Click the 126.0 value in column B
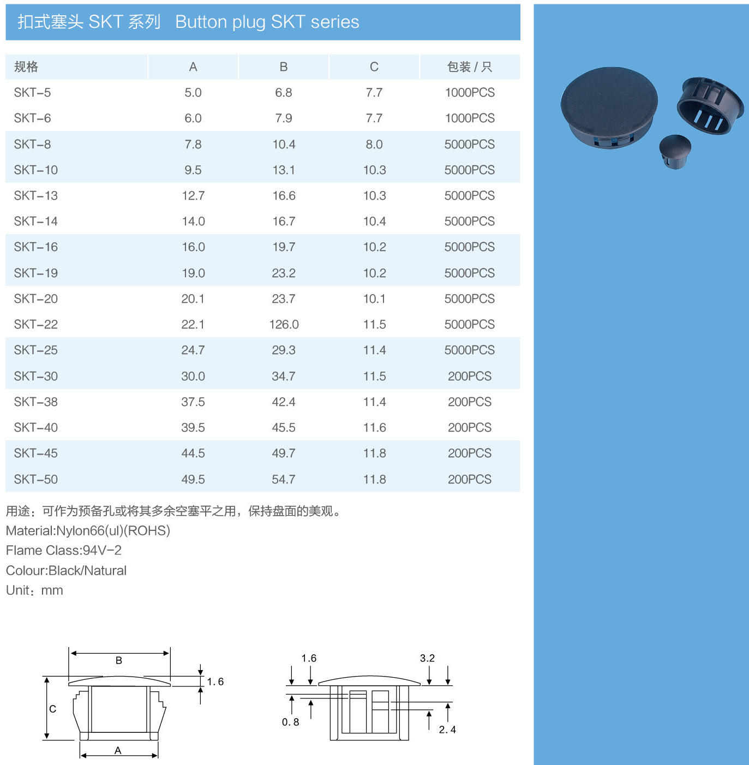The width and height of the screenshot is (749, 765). (x=284, y=324)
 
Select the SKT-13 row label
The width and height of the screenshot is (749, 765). (x=35, y=196)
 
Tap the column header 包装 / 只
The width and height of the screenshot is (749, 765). (x=470, y=67)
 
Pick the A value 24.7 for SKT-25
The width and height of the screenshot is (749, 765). (x=193, y=350)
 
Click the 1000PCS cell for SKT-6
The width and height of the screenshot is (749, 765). (x=470, y=118)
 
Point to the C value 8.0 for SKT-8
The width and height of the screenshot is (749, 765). (x=374, y=144)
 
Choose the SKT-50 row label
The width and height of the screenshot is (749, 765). (x=35, y=479)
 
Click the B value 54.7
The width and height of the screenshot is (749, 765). (x=284, y=479)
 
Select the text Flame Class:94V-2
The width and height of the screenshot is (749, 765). (x=63, y=550)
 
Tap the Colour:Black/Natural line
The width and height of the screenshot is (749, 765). (x=66, y=570)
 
